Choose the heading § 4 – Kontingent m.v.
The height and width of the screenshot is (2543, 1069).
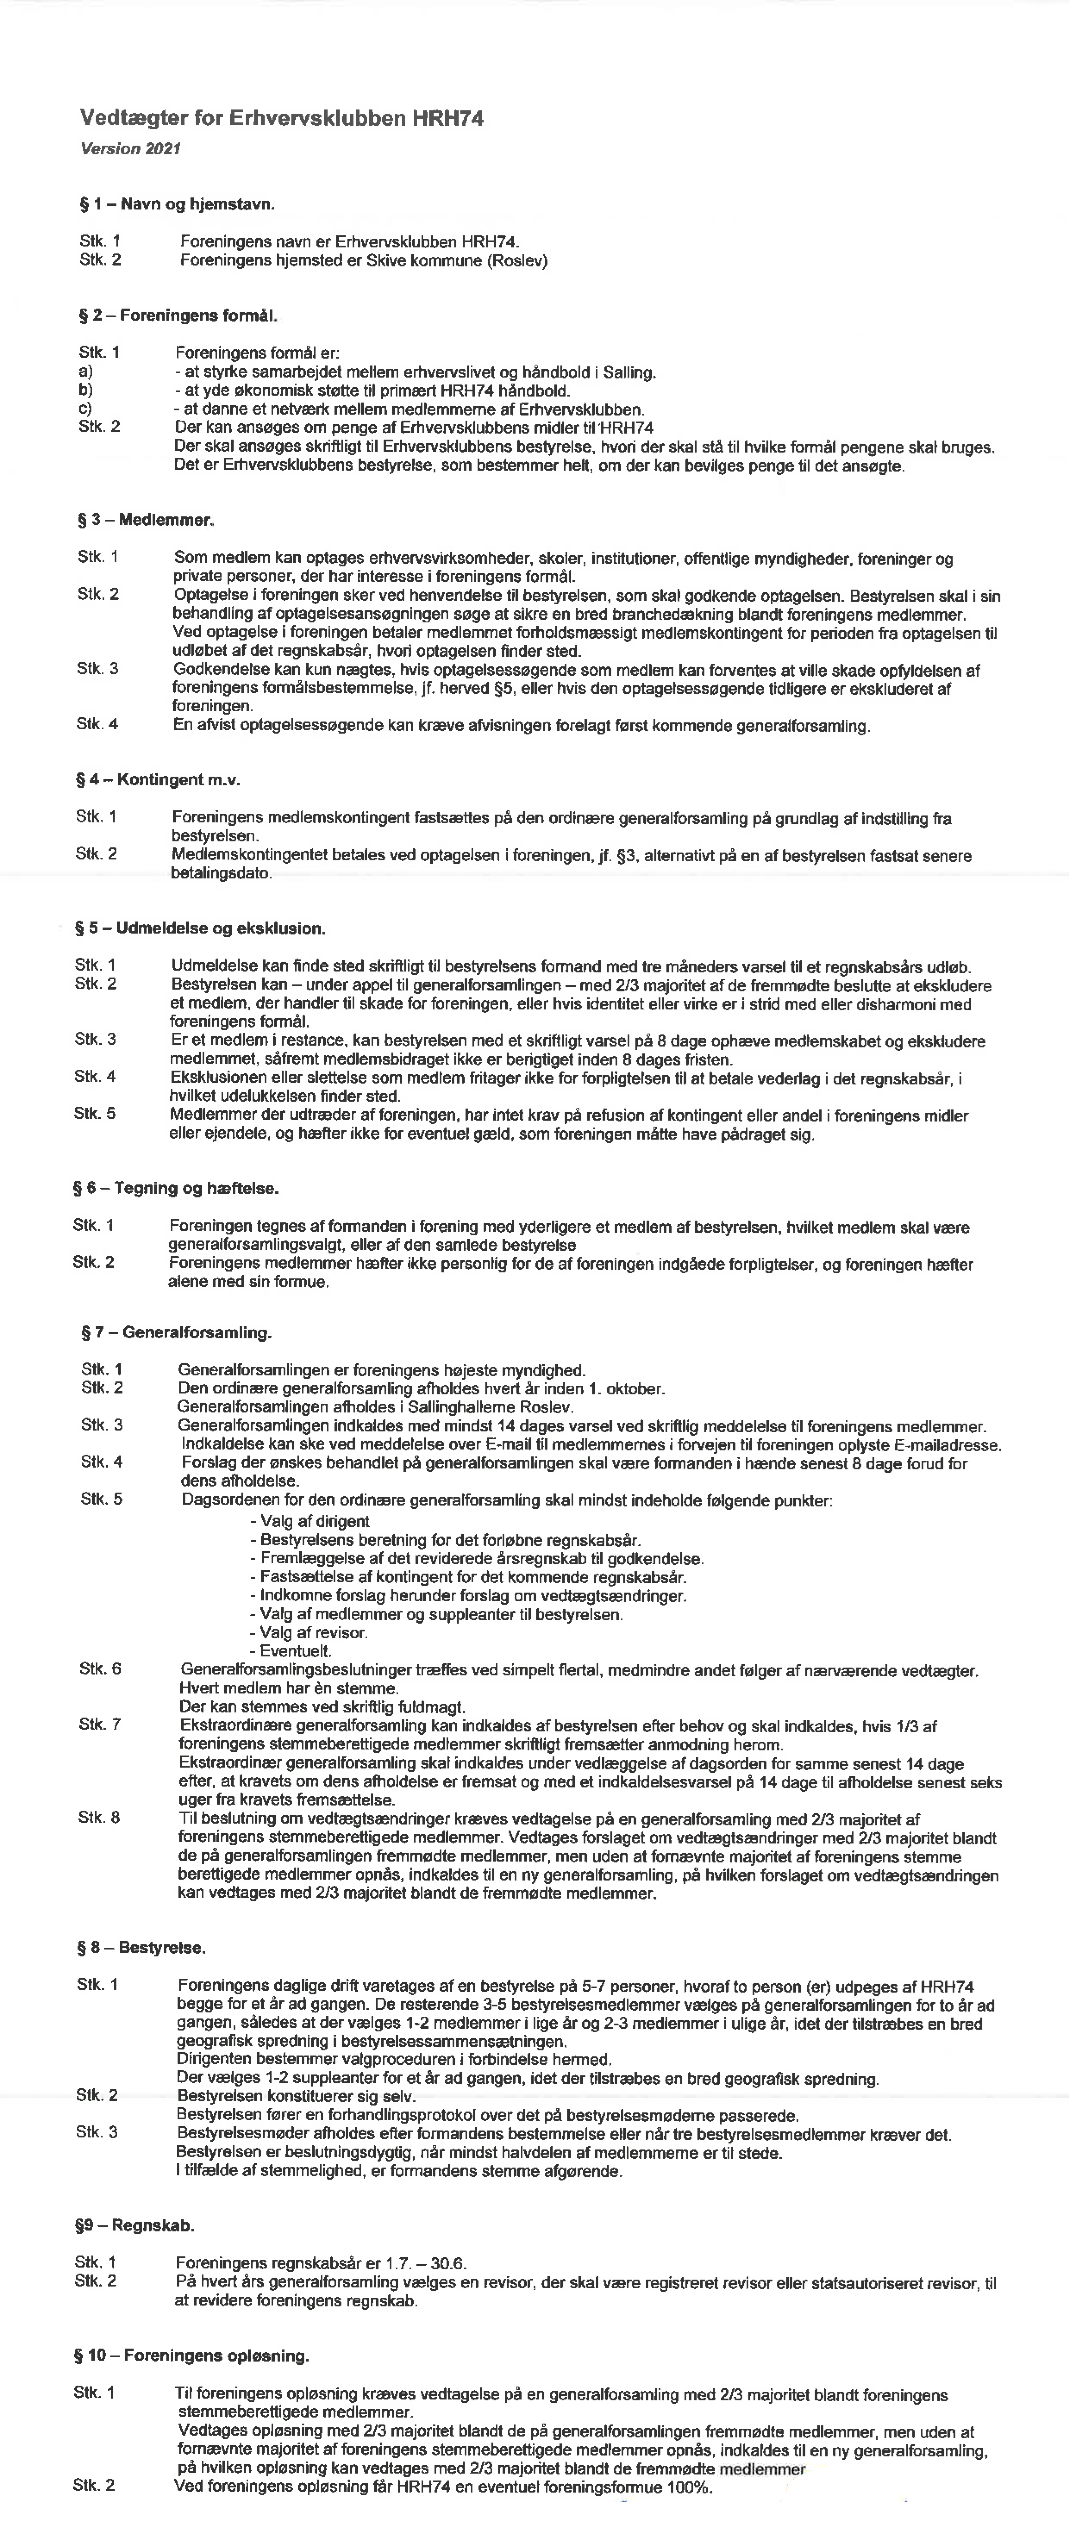pos(158,780)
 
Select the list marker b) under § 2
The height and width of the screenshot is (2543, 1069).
pos(86,390)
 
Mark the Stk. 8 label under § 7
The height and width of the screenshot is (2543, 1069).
pos(100,1818)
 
